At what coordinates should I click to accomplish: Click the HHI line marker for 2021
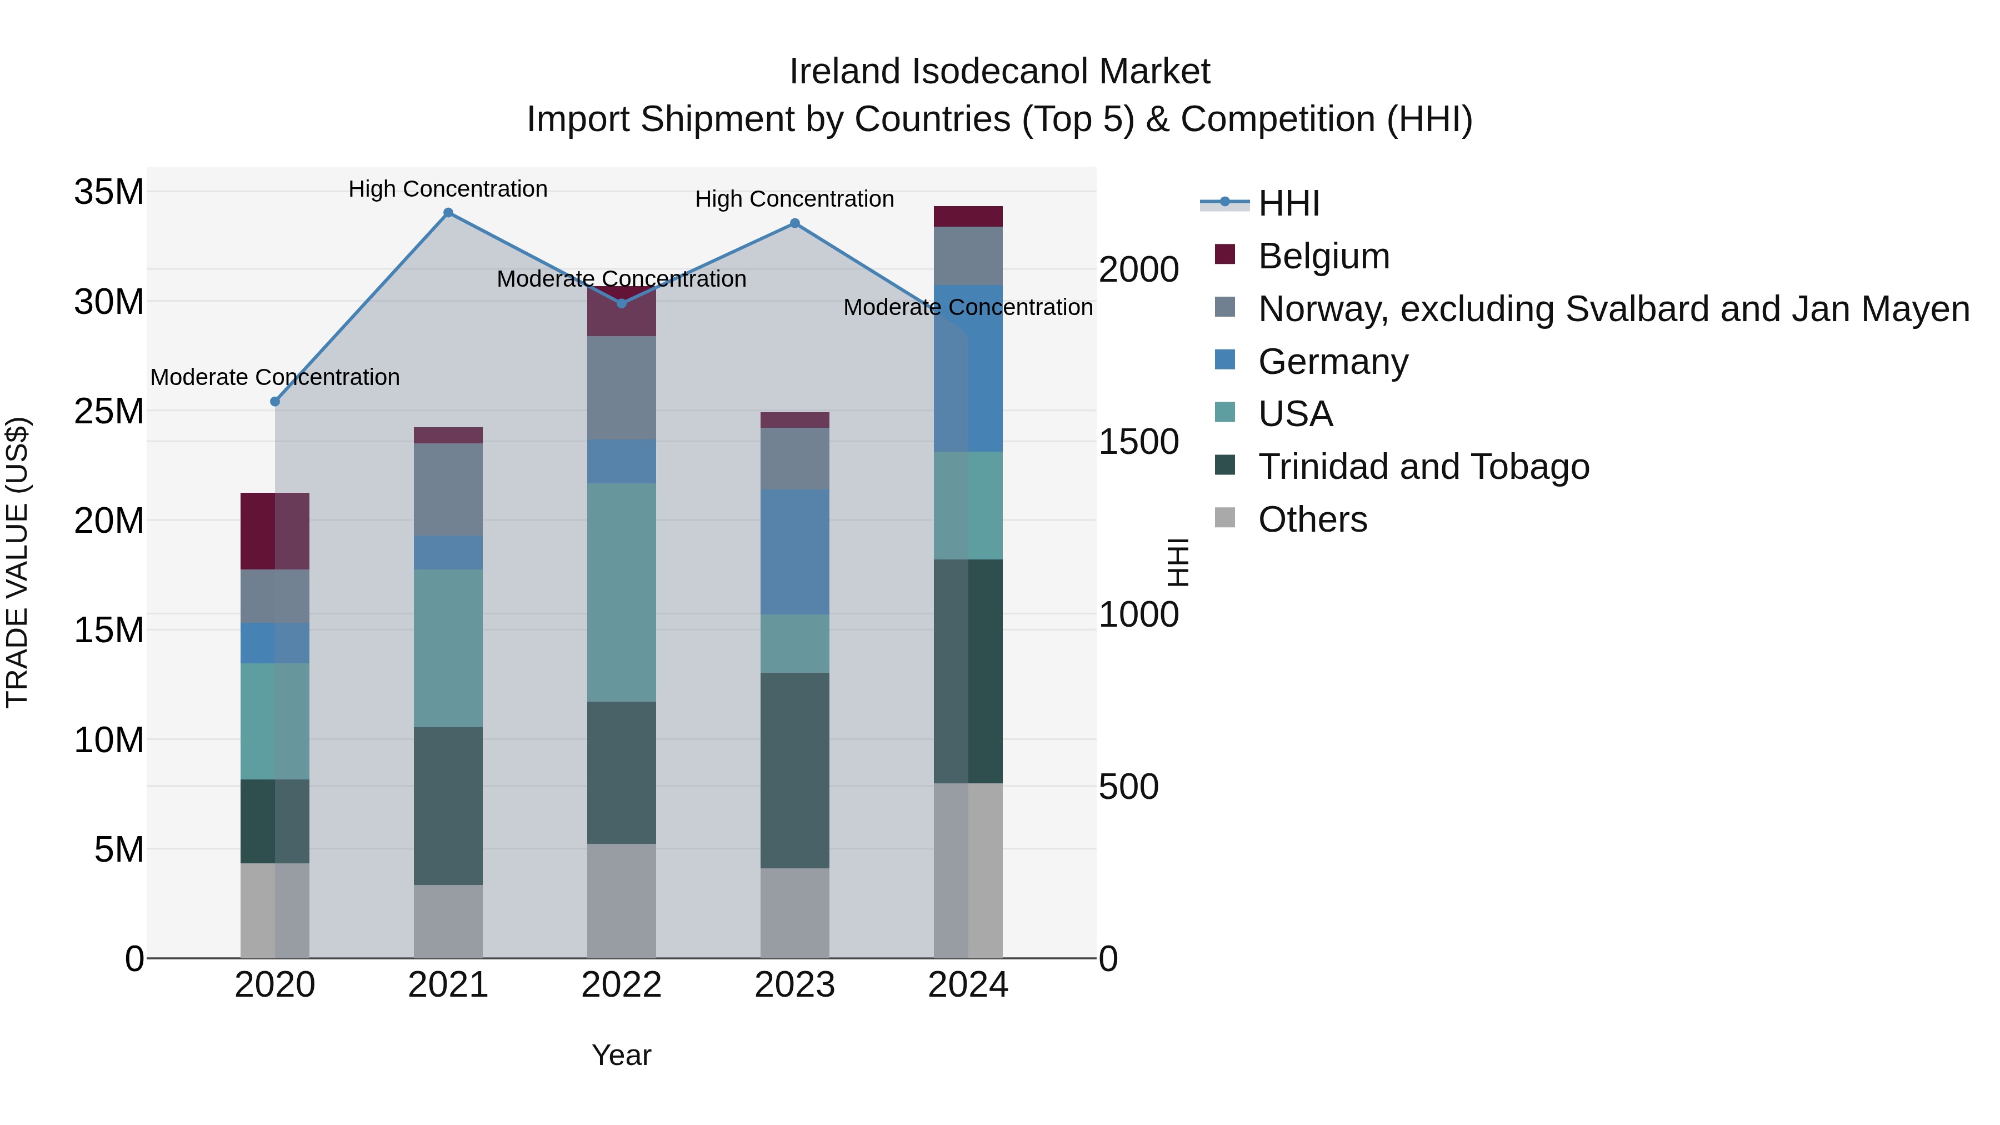click(x=448, y=213)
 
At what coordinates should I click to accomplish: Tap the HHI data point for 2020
click(x=275, y=402)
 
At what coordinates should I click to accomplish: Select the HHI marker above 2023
click(x=794, y=223)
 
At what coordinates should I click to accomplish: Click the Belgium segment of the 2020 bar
click(x=275, y=531)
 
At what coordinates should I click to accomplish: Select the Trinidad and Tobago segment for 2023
click(x=794, y=770)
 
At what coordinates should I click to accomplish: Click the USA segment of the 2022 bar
click(x=621, y=592)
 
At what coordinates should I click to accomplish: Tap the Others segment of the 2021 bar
click(x=448, y=922)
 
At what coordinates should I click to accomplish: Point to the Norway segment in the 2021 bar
click(x=448, y=489)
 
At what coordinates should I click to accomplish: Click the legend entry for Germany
click(x=1332, y=362)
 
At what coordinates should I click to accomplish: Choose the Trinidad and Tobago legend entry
click(x=1423, y=467)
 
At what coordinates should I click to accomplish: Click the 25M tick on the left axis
click(x=109, y=411)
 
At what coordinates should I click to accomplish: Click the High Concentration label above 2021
click(x=448, y=189)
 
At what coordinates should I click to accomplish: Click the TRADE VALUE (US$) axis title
click(x=17, y=562)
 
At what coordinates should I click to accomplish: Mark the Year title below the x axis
click(x=621, y=1055)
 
